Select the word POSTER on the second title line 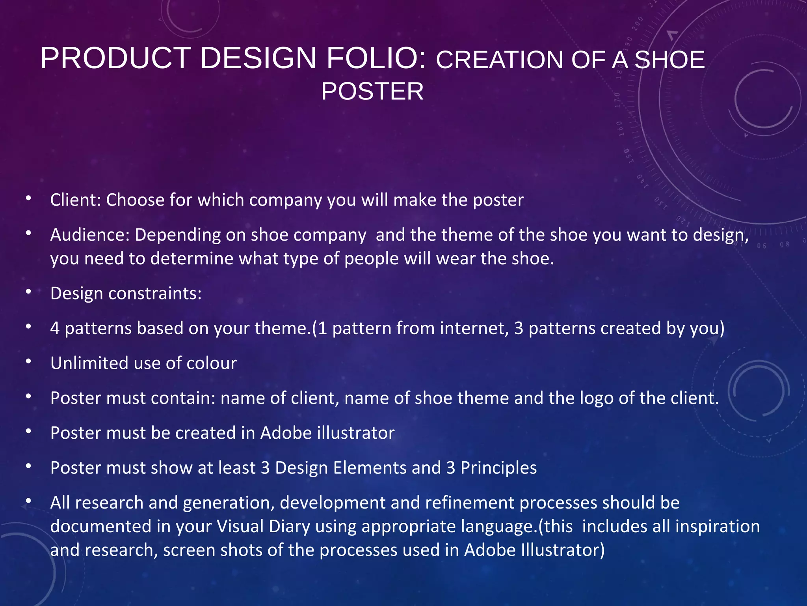pos(372,92)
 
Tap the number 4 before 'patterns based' pos(55,329)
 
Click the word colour pos(211,363)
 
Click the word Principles pos(498,468)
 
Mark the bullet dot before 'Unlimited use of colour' pos(28,362)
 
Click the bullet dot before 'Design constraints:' pos(28,292)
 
